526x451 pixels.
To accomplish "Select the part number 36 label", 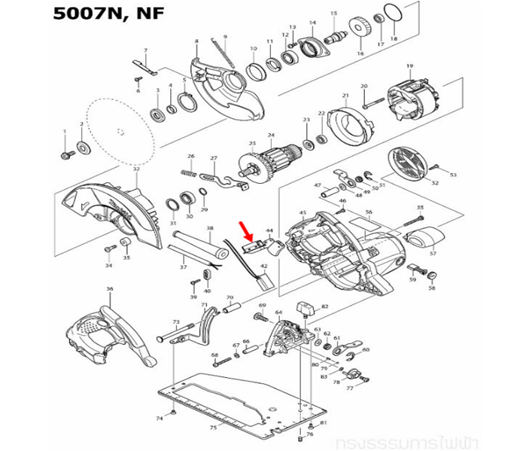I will pyautogui.click(x=110, y=289).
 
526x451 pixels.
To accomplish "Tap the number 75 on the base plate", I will pyautogui.click(x=213, y=427).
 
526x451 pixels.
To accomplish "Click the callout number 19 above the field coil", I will pyautogui.click(x=409, y=67).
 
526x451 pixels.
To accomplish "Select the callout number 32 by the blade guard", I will pyautogui.click(x=136, y=170).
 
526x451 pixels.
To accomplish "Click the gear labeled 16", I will pyautogui.click(x=360, y=30).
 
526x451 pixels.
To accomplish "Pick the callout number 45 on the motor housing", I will pyautogui.click(x=303, y=213).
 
